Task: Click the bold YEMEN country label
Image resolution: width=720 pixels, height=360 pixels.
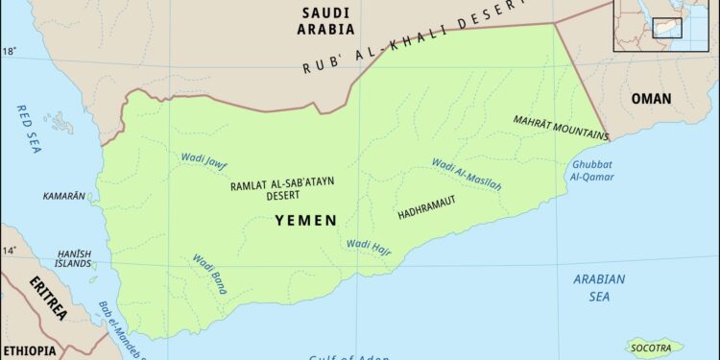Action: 305,220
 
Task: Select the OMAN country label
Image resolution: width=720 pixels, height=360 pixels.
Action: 651,98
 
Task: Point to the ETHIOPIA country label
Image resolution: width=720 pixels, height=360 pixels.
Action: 28,350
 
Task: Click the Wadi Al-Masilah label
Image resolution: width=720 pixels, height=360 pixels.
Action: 466,174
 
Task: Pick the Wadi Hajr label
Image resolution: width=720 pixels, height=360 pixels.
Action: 368,245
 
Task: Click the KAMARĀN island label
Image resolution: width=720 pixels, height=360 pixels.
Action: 64,196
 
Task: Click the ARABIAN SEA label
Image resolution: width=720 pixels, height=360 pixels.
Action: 599,286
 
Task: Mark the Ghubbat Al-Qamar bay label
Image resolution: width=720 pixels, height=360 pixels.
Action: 593,170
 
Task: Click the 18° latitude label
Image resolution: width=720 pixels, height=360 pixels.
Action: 9,51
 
